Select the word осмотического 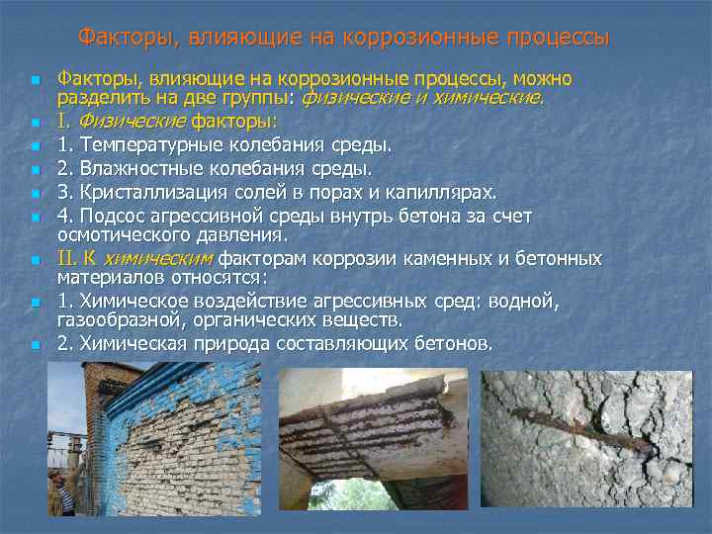(x=121, y=235)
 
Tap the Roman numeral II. (x=66, y=258)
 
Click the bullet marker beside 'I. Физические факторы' (x=35, y=123)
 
